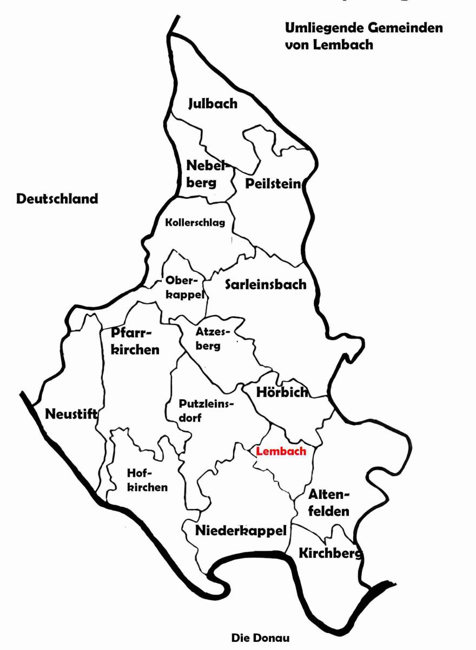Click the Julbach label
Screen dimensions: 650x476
[213, 103]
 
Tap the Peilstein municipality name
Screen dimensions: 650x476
[273, 184]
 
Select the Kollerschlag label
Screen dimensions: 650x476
[195, 222]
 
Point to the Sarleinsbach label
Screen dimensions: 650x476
[266, 284]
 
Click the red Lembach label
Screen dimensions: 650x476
[281, 451]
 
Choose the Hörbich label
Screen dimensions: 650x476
[275, 392]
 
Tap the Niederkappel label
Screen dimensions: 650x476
[241, 530]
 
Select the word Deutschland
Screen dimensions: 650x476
[57, 199]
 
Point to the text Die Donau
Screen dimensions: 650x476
[257, 638]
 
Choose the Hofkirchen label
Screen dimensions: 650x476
[147, 479]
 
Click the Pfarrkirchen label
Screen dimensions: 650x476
[135, 341]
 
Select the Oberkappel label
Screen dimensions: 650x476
[184, 288]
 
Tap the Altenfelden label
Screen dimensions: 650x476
[329, 502]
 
